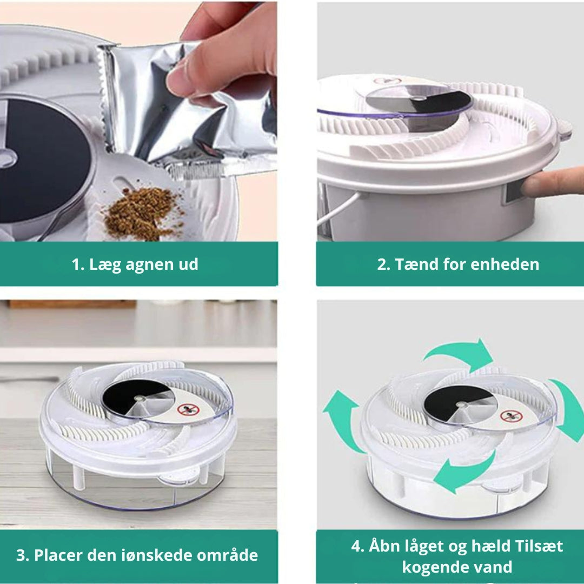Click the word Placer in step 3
58,555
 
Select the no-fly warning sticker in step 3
188,410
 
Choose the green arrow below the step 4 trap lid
462,473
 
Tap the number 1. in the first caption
78,264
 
